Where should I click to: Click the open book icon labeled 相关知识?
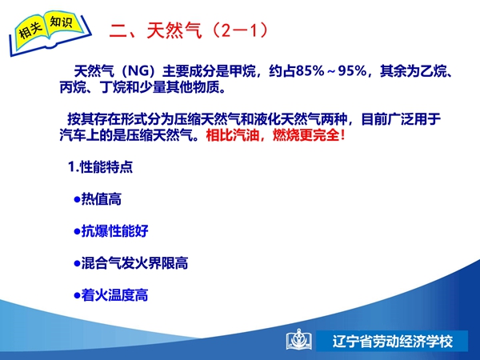coord(50,33)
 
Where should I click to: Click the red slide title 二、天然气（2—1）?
coord(189,30)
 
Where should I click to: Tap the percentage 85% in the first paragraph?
coord(310,71)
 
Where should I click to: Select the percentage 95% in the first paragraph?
coord(352,71)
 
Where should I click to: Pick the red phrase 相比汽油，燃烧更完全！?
coord(276,135)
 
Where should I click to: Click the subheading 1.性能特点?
coord(101,167)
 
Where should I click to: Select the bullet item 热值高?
coord(98,199)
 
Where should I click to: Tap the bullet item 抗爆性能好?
coord(111,231)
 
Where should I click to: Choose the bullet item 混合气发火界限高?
coord(131,263)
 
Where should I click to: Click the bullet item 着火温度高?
coord(111,295)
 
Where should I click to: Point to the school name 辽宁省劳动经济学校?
coord(393,342)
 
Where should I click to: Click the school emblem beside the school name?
coord(299,340)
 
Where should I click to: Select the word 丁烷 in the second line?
coord(113,88)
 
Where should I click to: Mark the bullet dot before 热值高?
coord(77,199)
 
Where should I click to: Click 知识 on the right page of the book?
coord(62,22)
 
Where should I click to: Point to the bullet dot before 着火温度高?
coord(77,296)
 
